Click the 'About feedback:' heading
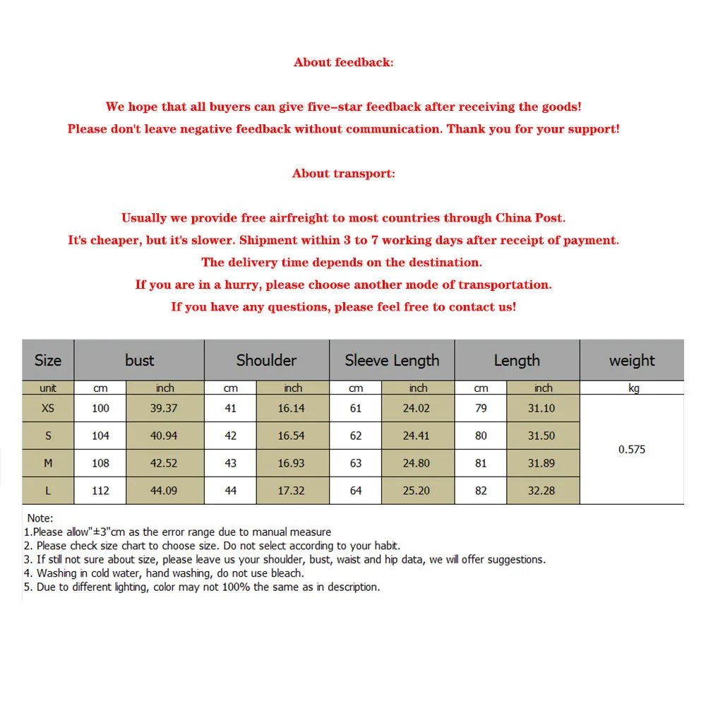pyautogui.click(x=343, y=62)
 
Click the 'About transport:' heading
pyautogui.click(x=343, y=174)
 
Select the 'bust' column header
pyautogui.click(x=139, y=360)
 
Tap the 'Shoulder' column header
pyautogui.click(x=266, y=360)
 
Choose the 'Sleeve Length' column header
pyautogui.click(x=392, y=360)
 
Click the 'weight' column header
pyautogui.click(x=632, y=360)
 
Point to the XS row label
pyautogui.click(x=48, y=408)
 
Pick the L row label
pyautogui.click(x=48, y=490)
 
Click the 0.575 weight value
pyautogui.click(x=632, y=449)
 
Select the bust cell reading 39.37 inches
pyautogui.click(x=164, y=408)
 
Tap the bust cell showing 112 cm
pyautogui.click(x=100, y=490)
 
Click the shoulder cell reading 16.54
pyautogui.click(x=291, y=436)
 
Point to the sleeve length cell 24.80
pyautogui.click(x=416, y=463)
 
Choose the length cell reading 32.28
pyautogui.click(x=542, y=490)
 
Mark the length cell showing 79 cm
pyautogui.click(x=481, y=408)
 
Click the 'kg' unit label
pyautogui.click(x=633, y=388)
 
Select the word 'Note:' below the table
pyautogui.click(x=40, y=518)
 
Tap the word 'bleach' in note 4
pyautogui.click(x=287, y=573)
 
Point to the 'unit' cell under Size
pyautogui.click(x=48, y=388)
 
